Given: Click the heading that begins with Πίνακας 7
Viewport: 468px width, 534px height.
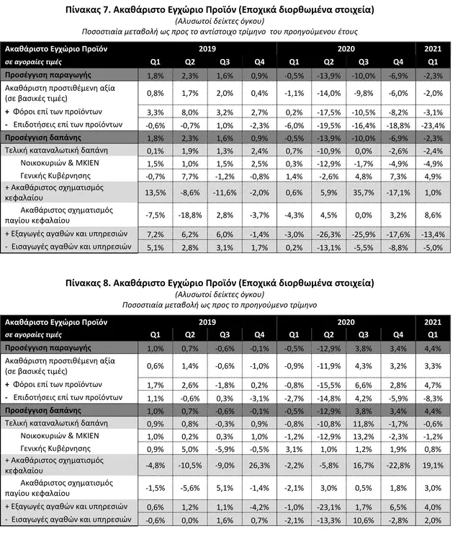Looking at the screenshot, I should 233,12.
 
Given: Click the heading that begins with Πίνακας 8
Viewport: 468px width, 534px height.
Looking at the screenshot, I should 233,282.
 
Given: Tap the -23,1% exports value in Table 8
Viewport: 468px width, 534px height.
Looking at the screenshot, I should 328,507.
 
